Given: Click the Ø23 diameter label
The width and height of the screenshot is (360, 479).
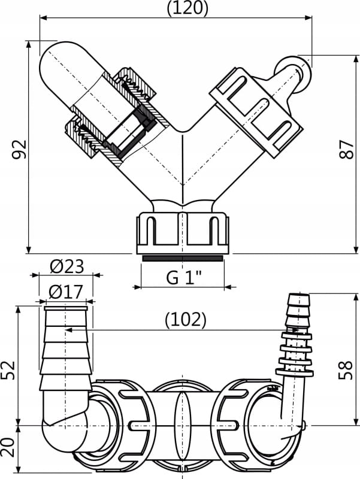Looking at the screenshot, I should click(65, 266).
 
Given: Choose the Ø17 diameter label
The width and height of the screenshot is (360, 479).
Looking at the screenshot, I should click(65, 292).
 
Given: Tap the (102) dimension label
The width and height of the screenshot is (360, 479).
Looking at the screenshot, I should click(185, 320).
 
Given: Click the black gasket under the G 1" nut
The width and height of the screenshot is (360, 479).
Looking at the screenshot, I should click(183, 259).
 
